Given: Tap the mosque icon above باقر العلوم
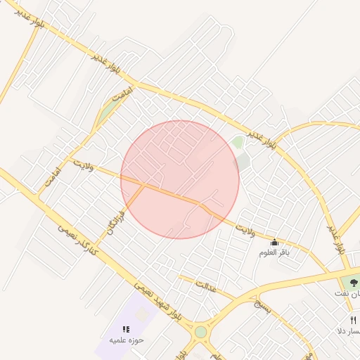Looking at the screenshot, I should [274, 243].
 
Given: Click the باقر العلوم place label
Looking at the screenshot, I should [274, 252].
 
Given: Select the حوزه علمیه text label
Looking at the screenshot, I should [126, 340].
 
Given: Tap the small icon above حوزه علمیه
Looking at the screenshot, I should [126, 329].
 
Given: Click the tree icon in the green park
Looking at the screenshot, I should [354, 282].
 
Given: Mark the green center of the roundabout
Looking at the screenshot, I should [201, 332].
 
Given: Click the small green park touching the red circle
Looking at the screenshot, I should [238, 143].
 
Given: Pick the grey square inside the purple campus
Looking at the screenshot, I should [143, 314].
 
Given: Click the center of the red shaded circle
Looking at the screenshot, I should [180, 179].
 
